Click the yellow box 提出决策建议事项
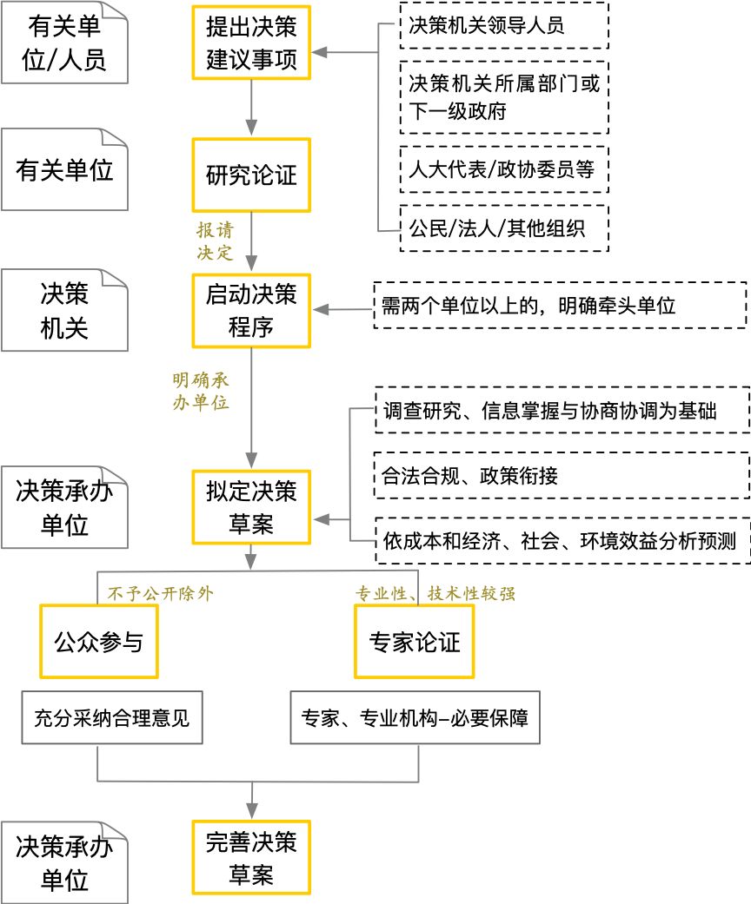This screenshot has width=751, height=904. click(x=251, y=41)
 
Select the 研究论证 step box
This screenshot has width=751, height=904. click(x=251, y=175)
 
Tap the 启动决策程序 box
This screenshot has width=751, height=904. click(x=251, y=309)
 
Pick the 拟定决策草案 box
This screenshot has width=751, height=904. click(x=251, y=507)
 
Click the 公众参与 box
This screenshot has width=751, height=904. click(x=98, y=643)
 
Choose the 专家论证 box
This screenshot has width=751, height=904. click(x=415, y=643)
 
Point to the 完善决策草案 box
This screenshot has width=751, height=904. click(x=251, y=856)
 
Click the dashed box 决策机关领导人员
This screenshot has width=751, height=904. click(x=503, y=25)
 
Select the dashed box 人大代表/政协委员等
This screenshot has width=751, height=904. click(x=503, y=169)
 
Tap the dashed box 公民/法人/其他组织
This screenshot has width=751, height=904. click(x=503, y=228)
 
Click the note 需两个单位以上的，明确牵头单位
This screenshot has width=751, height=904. click(x=560, y=305)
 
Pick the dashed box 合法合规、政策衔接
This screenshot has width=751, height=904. click(x=562, y=475)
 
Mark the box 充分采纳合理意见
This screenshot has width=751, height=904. click(x=111, y=718)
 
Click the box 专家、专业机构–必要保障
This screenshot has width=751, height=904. click(x=415, y=718)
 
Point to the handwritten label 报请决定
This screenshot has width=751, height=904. click(x=215, y=242)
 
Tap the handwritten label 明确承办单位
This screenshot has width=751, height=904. click(x=201, y=392)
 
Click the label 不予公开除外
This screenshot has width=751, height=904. click(x=160, y=594)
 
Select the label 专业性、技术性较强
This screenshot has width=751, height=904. click(x=436, y=594)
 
